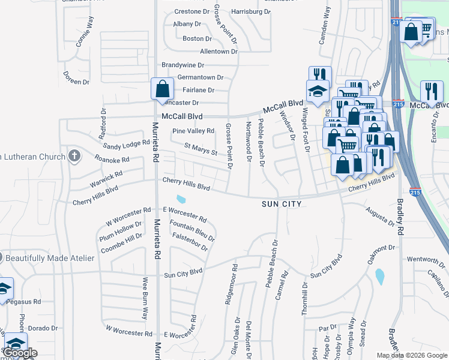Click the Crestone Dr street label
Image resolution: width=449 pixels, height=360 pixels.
192,11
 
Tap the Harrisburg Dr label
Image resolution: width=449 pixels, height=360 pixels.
251,11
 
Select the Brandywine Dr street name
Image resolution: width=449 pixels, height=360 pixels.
183,65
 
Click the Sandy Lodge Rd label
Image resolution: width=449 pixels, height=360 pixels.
126,145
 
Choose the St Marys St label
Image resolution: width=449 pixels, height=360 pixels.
200,149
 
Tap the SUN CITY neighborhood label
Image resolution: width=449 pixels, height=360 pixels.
281,205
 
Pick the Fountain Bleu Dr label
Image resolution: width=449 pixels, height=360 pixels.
192,230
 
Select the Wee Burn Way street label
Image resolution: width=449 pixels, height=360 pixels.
145,298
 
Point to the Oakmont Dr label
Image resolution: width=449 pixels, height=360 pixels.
384,248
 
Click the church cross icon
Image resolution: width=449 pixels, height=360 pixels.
74,157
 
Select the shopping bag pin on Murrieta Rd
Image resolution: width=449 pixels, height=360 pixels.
162,88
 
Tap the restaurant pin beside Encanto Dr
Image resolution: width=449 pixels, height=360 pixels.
432,92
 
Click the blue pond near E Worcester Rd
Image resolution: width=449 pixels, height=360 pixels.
181,199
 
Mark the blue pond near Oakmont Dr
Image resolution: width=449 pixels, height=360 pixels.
379,276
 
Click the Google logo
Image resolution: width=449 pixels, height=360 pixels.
20,353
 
